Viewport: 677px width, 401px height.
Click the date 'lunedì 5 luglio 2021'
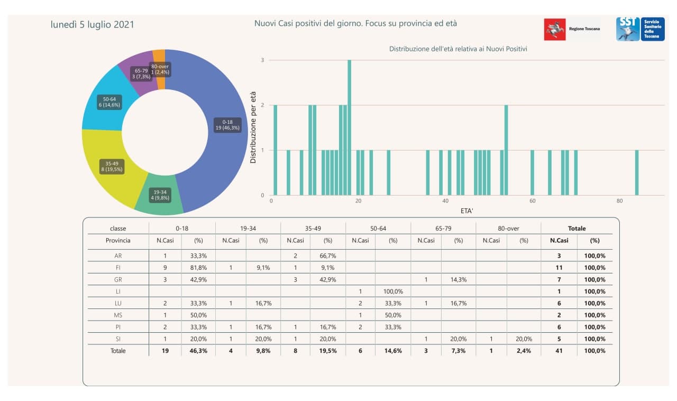point(92,24)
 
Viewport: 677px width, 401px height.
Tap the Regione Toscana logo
point(572,29)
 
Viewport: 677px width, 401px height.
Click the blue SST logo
point(640,29)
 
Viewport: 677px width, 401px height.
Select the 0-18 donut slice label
point(227,125)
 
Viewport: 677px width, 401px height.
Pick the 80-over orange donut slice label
point(160,69)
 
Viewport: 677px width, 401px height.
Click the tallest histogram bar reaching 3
point(350,127)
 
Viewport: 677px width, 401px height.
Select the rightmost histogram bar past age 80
point(637,172)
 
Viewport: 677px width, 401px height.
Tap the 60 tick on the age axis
point(533,202)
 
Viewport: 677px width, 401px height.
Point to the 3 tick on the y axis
point(262,60)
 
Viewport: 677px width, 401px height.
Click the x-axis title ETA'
point(467,211)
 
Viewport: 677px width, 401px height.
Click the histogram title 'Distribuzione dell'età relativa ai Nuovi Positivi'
point(458,49)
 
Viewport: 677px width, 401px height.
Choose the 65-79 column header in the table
point(443,229)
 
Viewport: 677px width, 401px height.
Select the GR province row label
point(118,279)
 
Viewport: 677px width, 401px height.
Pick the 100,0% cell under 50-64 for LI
point(393,291)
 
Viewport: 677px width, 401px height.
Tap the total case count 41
point(559,351)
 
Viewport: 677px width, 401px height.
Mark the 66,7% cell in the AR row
point(328,256)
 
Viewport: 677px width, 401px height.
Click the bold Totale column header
point(577,229)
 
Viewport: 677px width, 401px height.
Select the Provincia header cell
point(118,240)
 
